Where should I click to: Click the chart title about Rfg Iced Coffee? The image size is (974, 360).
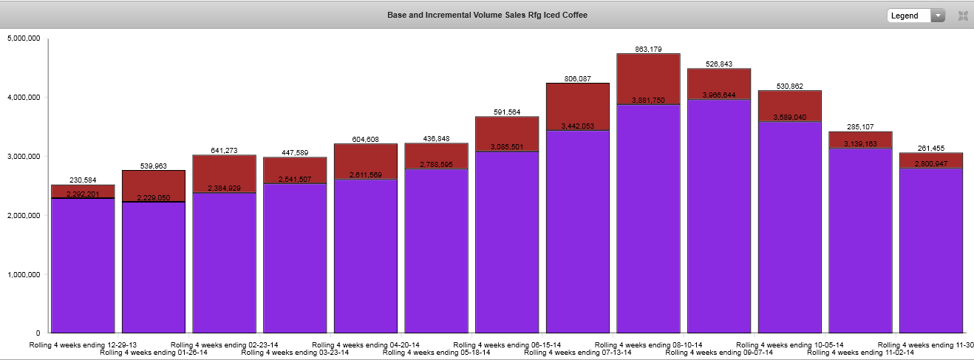click(487, 15)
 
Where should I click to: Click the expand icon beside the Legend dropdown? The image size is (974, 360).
click(963, 16)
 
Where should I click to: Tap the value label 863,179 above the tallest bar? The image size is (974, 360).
click(648, 50)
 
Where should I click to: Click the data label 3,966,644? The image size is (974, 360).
click(719, 95)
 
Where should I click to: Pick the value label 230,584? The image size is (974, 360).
click(82, 180)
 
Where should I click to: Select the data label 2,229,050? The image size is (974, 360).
click(153, 198)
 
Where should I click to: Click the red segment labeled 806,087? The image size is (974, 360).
click(577, 106)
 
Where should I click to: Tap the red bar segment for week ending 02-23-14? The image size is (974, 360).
click(224, 174)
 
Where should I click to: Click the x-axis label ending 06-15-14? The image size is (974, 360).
click(506, 345)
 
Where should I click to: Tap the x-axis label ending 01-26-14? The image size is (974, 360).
click(153, 353)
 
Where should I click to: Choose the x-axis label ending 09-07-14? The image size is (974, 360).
click(719, 353)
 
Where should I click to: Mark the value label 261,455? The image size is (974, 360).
click(931, 149)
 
